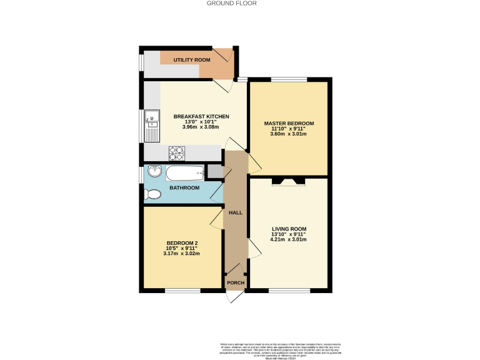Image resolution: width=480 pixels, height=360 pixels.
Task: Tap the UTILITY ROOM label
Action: (x=192, y=59)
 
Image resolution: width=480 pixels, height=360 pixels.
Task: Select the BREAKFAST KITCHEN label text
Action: (x=201, y=117)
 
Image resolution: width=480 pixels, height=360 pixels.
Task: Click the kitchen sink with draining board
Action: (x=152, y=126)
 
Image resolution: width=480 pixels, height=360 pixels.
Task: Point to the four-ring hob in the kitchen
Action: (x=177, y=152)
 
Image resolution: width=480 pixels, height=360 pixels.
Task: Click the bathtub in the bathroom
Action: (x=185, y=172)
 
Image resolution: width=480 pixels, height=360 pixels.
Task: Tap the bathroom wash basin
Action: (x=154, y=172)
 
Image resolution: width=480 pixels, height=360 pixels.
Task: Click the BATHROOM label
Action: (x=184, y=187)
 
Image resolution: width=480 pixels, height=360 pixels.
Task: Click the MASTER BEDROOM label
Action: (x=288, y=123)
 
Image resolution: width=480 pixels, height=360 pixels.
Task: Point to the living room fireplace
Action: (x=288, y=182)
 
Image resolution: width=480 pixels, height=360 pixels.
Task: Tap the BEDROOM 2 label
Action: (x=182, y=243)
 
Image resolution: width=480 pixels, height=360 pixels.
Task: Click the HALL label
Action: (x=236, y=212)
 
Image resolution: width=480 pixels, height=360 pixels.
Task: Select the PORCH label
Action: (x=236, y=283)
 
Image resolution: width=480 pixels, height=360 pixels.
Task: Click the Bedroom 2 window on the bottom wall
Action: (x=182, y=291)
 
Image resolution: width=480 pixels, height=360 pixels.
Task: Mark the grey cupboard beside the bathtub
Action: (x=214, y=171)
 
